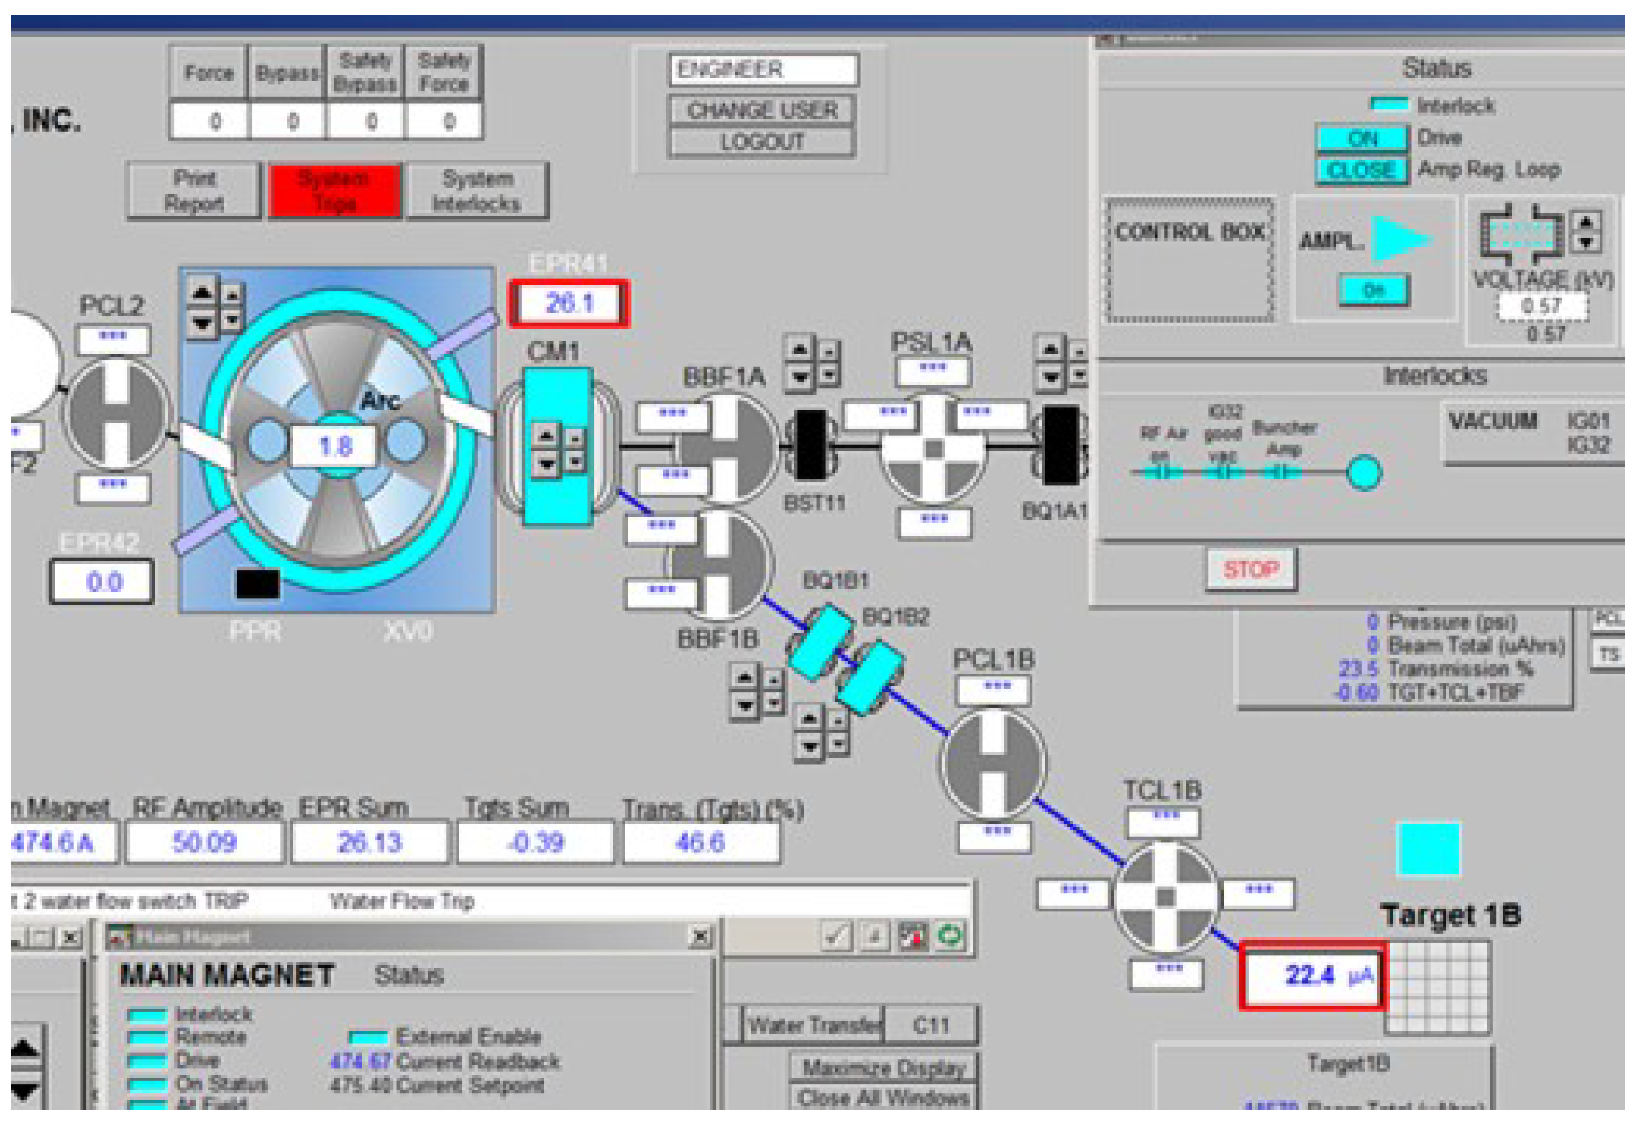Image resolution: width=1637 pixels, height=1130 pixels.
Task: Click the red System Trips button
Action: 334,190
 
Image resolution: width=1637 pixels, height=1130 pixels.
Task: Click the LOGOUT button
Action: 761,142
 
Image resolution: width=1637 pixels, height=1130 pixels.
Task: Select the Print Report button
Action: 194,190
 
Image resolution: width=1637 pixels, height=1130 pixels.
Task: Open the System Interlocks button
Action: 477,190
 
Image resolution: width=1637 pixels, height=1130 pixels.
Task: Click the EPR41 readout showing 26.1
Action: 569,303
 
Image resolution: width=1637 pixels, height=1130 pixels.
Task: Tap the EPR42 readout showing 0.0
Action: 102,581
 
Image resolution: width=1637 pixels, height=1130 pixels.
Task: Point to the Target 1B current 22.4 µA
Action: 1312,975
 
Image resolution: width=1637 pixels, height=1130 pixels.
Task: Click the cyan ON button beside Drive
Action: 1361,138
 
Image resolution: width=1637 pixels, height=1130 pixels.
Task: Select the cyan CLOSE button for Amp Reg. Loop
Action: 1361,170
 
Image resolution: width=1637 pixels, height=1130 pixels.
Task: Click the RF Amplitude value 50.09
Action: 205,842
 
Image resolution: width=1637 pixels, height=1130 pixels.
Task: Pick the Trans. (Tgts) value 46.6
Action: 700,842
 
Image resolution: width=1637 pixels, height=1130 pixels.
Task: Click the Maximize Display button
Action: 883,1068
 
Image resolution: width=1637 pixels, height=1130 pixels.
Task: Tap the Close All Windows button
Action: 883,1098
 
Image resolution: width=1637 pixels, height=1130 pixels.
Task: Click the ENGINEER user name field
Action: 763,70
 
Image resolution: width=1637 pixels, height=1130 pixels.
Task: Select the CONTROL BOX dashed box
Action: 1189,260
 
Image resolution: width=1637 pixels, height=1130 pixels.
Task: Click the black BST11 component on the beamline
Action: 812,446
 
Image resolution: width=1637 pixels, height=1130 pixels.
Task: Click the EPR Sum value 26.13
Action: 370,842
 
